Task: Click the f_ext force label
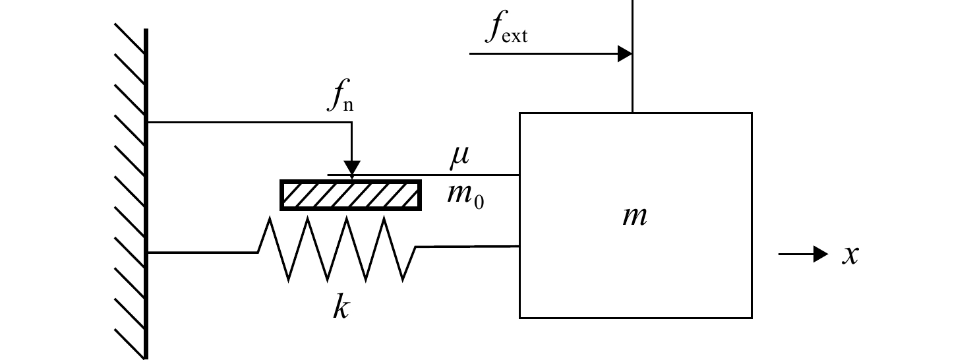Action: [x=506, y=27]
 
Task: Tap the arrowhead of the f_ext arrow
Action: [x=625, y=54]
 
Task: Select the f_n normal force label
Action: [x=341, y=96]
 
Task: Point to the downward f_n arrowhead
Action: [x=352, y=169]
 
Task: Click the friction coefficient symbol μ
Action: [x=459, y=156]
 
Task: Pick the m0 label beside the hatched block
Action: [x=465, y=196]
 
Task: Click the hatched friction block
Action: [x=351, y=195]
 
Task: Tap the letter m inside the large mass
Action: [x=635, y=216]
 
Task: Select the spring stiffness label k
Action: [x=341, y=307]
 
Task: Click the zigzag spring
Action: [x=337, y=249]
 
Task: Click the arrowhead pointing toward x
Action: [x=821, y=254]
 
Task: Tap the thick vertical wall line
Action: [x=146, y=194]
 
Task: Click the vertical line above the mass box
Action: [x=632, y=57]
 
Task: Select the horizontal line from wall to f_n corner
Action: [x=250, y=123]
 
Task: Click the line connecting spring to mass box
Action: [x=467, y=247]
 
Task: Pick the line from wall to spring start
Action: [x=203, y=252]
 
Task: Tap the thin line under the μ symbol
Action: [x=423, y=175]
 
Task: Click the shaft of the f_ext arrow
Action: [x=544, y=54]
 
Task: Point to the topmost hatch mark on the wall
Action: [x=129, y=38]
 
